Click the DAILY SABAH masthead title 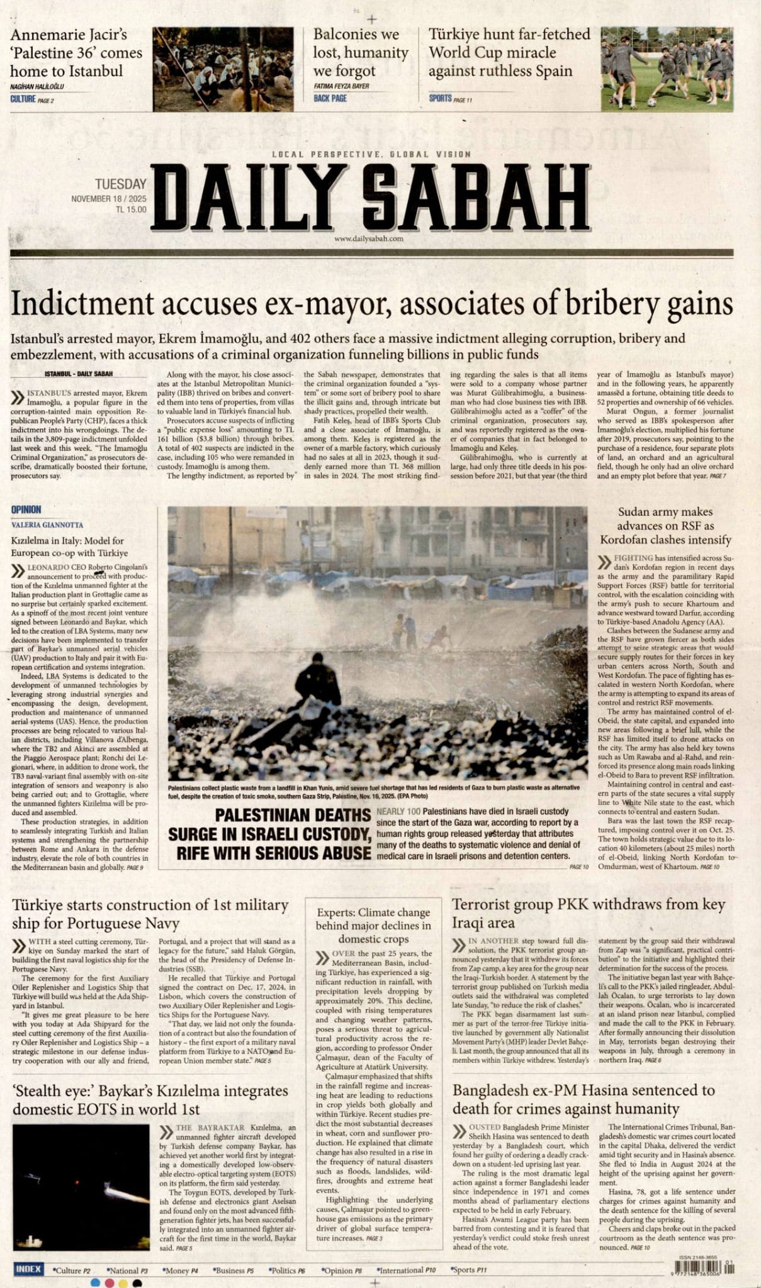370,199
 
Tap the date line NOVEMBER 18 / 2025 108,199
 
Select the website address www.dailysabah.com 369,238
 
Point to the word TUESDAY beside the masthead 120,184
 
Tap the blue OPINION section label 26,509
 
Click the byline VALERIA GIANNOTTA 47,525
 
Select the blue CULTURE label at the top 23,99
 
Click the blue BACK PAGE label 330,98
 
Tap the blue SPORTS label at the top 440,98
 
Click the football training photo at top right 667,69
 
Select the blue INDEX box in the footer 29,1269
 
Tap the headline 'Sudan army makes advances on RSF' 665,526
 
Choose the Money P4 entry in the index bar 180,1270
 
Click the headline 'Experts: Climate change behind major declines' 373,925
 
